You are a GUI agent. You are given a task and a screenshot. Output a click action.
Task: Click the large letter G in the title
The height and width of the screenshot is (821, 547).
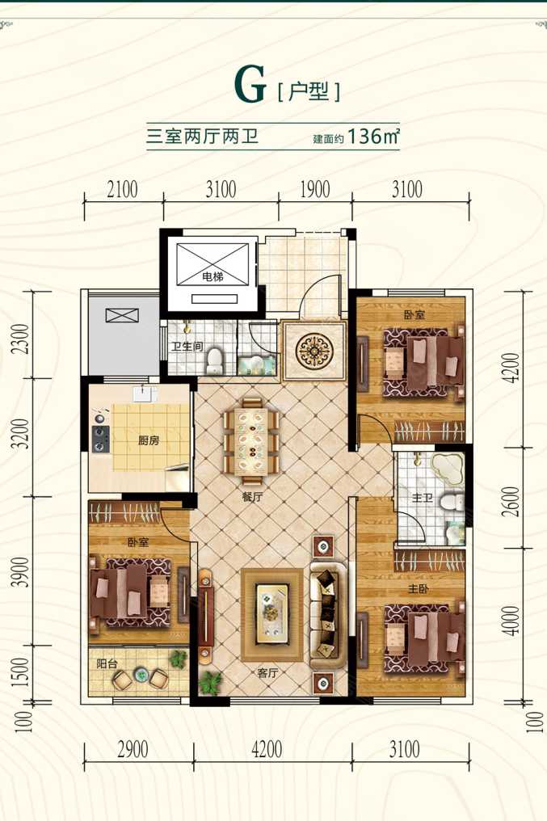(x=250, y=85)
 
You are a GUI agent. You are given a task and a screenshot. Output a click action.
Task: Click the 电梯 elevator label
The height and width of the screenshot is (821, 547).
(x=212, y=277)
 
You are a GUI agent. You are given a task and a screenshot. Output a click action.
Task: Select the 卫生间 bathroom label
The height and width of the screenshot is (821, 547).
(x=187, y=347)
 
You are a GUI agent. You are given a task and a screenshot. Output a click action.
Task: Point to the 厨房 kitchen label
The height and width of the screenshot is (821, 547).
(x=149, y=441)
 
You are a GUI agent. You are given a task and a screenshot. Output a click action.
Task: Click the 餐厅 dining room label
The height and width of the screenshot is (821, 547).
(x=252, y=498)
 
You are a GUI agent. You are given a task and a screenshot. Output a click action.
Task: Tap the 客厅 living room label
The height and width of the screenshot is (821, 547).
(x=267, y=673)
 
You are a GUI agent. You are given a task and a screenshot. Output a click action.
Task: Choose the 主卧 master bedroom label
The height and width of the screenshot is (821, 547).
(x=419, y=589)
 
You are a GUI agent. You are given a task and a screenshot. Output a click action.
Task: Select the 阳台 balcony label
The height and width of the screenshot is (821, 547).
(x=107, y=664)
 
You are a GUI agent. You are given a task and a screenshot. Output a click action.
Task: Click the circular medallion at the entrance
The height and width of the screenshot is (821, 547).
(x=314, y=351)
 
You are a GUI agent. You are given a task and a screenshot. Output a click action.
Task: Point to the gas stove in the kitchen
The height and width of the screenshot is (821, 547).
(x=100, y=439)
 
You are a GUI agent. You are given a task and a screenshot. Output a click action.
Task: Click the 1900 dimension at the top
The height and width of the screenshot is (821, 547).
(x=315, y=190)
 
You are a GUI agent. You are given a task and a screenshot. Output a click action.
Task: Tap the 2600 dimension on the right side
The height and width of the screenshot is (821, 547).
(x=513, y=501)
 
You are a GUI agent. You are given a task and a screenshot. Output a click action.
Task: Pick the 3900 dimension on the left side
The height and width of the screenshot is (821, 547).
(x=21, y=572)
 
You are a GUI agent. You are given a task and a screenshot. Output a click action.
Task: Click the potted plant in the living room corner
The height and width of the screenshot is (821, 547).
(x=211, y=683)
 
